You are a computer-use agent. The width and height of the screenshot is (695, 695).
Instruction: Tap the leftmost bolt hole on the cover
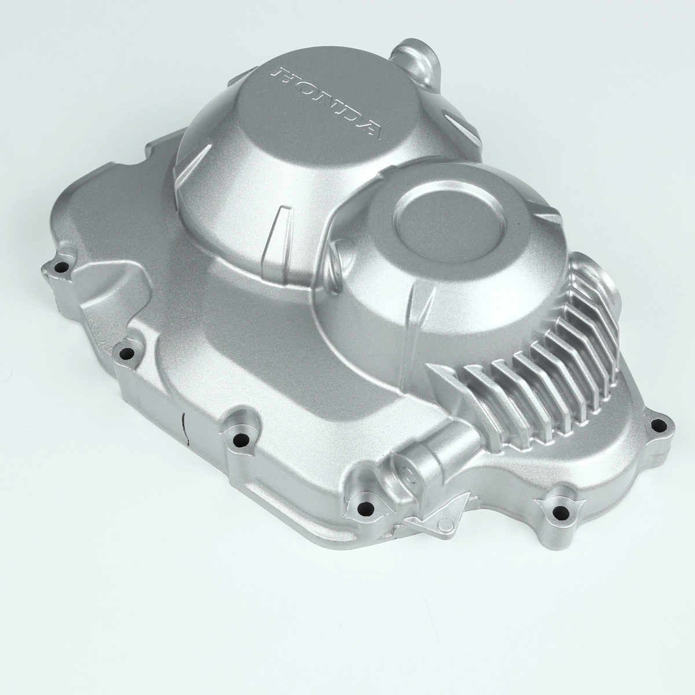coord(62,268)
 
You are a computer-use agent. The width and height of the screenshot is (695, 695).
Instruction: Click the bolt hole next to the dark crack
coord(240,440)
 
